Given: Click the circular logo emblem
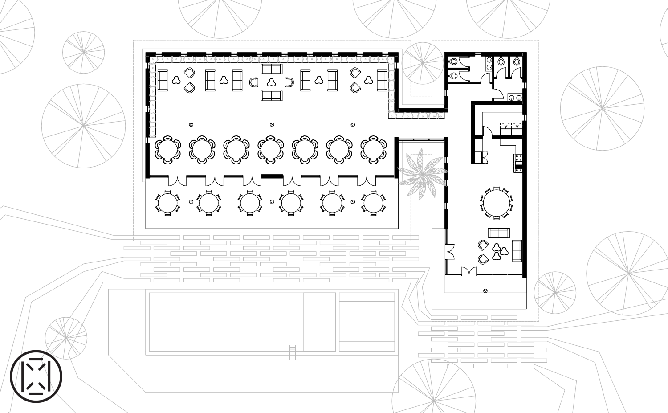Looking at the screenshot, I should click(36, 376).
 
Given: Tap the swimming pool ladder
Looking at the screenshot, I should click(293, 352).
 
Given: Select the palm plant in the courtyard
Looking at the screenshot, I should click(419, 174).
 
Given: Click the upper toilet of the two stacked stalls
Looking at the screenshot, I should click(453, 62).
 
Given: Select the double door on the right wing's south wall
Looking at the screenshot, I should click(468, 271).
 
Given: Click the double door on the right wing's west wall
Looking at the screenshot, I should click(450, 251).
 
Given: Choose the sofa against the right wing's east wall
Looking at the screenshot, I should click(517, 250).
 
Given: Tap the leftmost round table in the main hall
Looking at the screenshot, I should click(167, 148).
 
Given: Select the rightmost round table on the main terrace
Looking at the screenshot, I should click(373, 203).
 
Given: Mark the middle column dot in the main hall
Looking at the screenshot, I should click(272, 125).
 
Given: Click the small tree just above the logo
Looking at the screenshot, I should click(66, 337).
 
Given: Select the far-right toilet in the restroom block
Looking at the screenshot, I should click(517, 61).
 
